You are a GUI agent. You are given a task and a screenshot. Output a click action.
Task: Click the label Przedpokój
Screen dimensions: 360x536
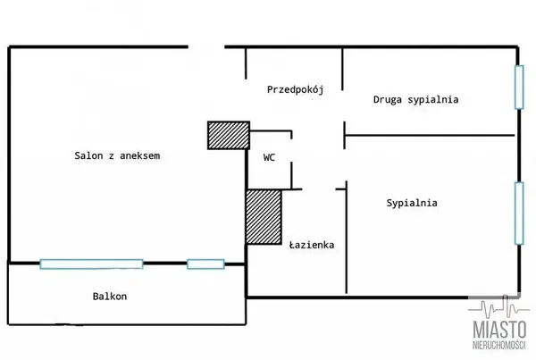coord(294,89)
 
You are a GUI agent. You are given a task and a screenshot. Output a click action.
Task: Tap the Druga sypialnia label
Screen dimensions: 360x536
coord(415,100)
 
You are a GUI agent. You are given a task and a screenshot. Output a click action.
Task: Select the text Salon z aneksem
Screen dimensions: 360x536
coord(117,155)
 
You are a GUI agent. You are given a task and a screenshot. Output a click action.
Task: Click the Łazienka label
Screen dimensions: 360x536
coord(312,243)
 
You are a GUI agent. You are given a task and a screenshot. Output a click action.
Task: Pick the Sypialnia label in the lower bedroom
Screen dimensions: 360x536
coord(412,203)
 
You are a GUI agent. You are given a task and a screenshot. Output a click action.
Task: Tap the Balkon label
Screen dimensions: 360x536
coord(110,296)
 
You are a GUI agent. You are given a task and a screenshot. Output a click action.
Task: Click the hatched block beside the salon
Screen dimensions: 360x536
coord(229,135)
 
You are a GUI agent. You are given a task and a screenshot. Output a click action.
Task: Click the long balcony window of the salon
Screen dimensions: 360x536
coord(91,263)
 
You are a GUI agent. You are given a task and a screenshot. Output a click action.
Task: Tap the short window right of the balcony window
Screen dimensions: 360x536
coord(205,263)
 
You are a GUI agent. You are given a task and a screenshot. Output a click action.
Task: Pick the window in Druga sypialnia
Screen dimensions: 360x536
coord(518,88)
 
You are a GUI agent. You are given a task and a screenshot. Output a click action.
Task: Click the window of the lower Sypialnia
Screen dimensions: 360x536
coord(518,212)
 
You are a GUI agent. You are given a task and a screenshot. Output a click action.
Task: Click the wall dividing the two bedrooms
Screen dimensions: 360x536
coord(429,135)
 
